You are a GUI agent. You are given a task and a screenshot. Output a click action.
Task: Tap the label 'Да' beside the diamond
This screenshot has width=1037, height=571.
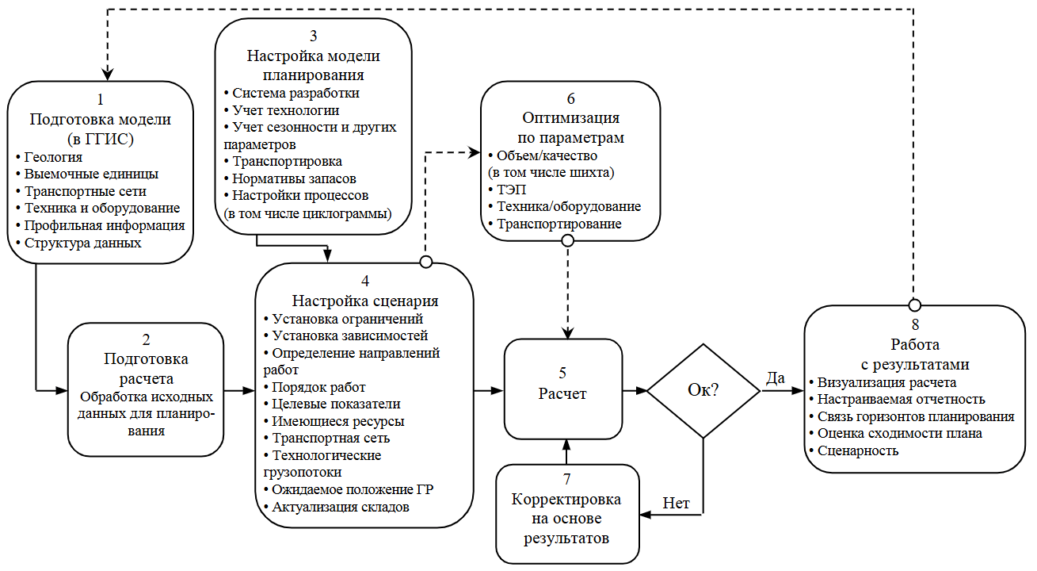pyautogui.click(x=776, y=377)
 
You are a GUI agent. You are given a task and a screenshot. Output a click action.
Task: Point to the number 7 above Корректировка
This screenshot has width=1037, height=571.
pyautogui.click(x=566, y=479)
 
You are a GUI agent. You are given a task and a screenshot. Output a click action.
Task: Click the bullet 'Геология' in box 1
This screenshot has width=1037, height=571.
pyautogui.click(x=53, y=157)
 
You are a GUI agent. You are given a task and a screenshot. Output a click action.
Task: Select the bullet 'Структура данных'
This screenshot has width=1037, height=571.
pyautogui.click(x=82, y=243)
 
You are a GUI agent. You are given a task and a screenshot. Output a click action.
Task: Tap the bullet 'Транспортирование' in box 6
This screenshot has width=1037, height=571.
pyautogui.click(x=558, y=224)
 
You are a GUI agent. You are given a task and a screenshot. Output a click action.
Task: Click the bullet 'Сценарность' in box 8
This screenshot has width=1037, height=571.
pyautogui.click(x=856, y=450)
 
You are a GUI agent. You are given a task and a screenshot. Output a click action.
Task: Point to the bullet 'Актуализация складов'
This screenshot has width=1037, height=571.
pyautogui.click(x=340, y=507)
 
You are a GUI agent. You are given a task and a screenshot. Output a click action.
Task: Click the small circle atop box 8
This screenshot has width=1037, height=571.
pyautogui.click(x=914, y=305)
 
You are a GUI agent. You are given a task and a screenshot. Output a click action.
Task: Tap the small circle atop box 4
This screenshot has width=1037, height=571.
pyautogui.click(x=426, y=262)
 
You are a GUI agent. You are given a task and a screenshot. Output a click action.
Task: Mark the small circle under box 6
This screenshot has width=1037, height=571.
pyautogui.click(x=567, y=240)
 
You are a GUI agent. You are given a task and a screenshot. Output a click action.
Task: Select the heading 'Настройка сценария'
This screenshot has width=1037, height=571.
pyautogui.click(x=365, y=301)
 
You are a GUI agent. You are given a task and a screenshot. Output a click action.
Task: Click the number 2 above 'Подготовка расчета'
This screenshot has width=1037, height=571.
pyautogui.click(x=146, y=339)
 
